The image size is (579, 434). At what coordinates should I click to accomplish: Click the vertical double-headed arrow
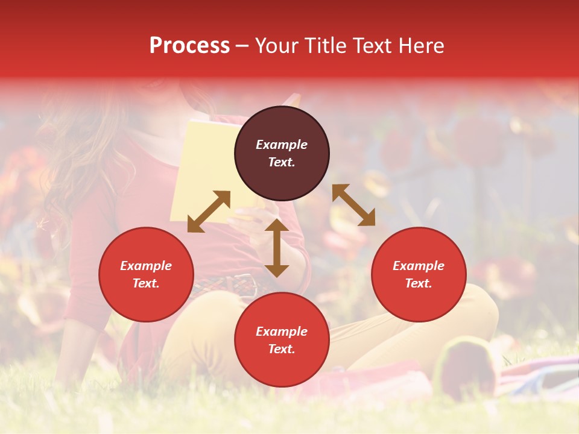tap(277, 248)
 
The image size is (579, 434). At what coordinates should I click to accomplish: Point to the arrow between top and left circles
tap(209, 212)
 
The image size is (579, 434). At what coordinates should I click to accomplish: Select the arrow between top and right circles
tap(353, 205)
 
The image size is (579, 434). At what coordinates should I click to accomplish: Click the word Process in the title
tap(189, 46)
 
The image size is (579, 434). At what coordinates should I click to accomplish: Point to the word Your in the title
tap(276, 46)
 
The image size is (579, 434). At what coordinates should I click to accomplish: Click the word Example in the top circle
tap(282, 145)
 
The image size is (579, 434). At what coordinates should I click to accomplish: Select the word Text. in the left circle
tap(146, 283)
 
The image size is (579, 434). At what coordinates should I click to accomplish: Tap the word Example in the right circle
tap(419, 266)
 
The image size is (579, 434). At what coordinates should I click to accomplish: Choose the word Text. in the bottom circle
tap(282, 349)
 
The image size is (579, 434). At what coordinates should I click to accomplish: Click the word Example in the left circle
tap(146, 266)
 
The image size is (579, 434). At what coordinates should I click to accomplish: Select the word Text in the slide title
tap(371, 46)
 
